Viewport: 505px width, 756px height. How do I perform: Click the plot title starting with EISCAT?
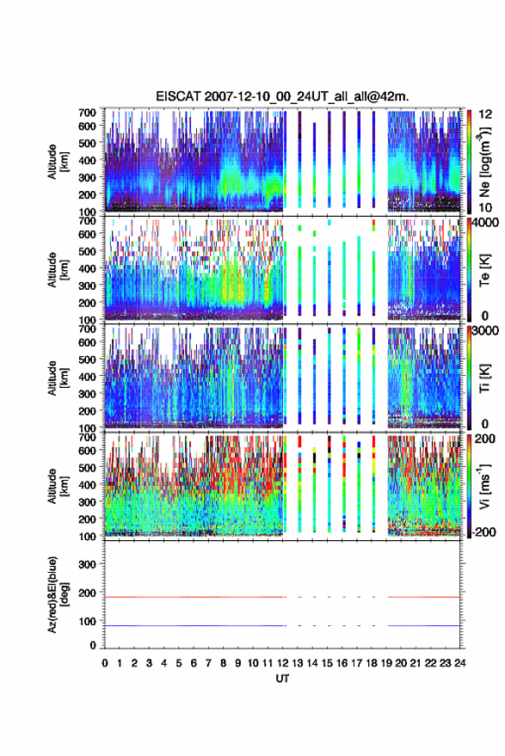coord(282,96)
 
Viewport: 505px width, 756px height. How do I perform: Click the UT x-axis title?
coord(282,679)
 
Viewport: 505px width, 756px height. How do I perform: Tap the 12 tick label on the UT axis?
coord(282,663)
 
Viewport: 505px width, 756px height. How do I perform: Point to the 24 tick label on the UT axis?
coord(459,663)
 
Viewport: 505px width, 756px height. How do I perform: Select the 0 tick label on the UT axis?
coord(105,663)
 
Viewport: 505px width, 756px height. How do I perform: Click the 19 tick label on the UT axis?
coord(386,663)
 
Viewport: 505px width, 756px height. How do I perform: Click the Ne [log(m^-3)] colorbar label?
coord(484,162)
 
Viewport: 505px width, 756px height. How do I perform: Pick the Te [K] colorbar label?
coord(484,270)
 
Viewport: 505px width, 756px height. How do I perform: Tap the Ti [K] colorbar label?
coord(484,378)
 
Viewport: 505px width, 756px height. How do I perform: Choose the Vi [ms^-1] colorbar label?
coord(484,486)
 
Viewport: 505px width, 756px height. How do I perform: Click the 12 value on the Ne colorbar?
coord(486,114)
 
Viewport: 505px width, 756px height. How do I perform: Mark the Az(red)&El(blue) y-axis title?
coord(58,595)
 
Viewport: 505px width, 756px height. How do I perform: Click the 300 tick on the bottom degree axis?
coord(87,564)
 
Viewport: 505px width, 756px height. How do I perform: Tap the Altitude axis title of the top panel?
coord(58,162)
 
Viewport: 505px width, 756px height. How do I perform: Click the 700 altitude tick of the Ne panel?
coord(87,112)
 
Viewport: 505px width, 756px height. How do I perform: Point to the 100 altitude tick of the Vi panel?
coord(87,536)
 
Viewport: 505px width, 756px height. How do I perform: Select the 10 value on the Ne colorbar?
coord(486,207)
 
